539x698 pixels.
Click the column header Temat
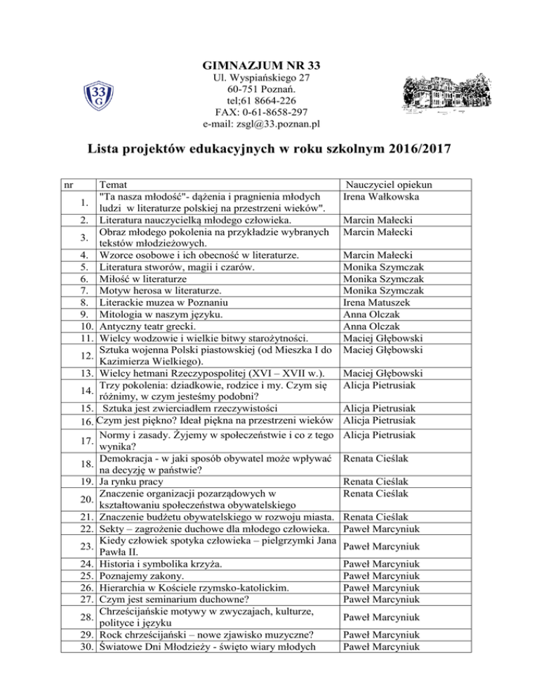point(114,185)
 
